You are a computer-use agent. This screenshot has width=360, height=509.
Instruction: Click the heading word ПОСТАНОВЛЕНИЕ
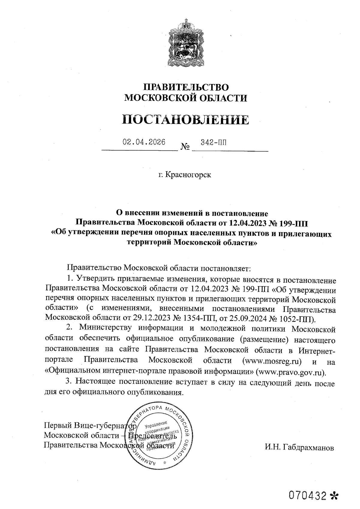[x=186, y=120]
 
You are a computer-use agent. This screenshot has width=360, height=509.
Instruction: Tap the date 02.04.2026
[x=144, y=142]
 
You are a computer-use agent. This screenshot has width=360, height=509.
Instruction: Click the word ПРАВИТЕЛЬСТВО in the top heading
[x=186, y=87]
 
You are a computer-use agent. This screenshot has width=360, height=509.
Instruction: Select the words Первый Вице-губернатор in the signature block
[x=90, y=425]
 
